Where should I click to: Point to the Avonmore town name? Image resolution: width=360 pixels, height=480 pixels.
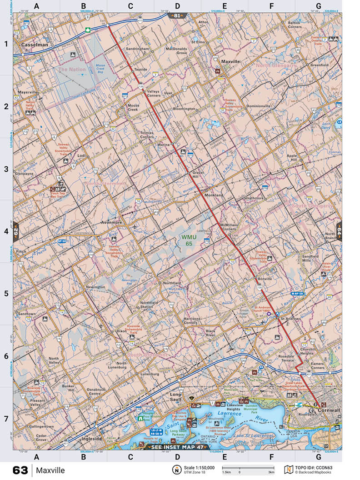(111, 223)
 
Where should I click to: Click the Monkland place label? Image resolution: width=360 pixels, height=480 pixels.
(214, 195)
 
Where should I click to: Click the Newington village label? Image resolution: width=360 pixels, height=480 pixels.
(95, 287)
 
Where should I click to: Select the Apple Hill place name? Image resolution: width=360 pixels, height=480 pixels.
(291, 159)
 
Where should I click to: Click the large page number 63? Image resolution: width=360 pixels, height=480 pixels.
(20, 470)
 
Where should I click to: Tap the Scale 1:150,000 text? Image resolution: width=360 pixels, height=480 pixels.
(200, 467)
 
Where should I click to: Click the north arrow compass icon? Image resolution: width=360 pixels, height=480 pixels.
(175, 470)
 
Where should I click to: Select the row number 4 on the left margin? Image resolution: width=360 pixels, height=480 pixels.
(6, 231)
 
